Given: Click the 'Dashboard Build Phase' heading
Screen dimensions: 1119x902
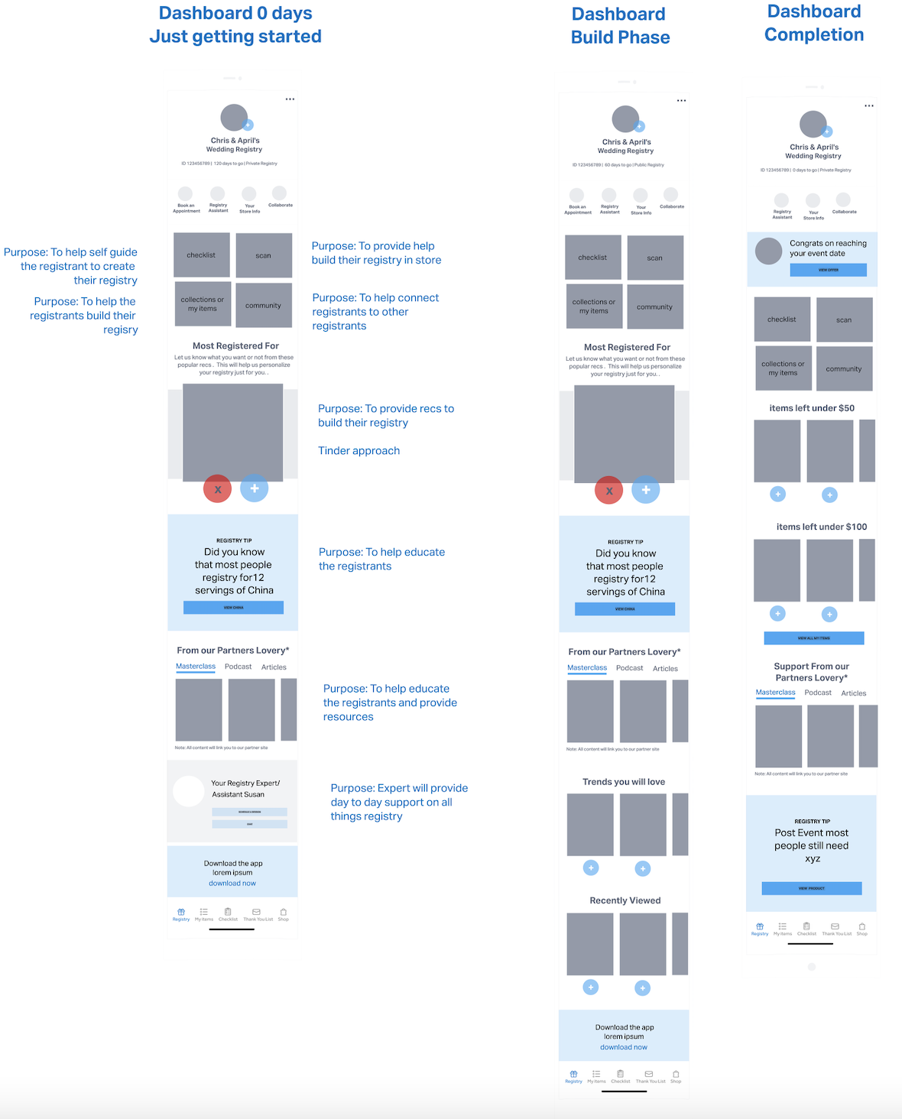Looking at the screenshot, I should tap(620, 25).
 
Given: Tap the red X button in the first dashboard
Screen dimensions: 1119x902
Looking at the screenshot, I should tap(217, 489).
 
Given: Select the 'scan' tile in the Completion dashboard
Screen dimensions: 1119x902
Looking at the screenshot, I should tap(844, 319).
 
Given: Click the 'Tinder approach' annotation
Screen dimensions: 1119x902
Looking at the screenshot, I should tap(359, 451).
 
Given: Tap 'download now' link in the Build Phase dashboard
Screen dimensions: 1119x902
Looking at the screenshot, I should tap(623, 1047).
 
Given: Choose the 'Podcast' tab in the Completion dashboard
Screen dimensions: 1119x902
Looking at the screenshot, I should tap(817, 692).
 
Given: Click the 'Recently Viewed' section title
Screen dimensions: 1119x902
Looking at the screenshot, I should tap(625, 900).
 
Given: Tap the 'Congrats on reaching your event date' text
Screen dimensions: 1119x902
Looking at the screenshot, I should tap(828, 248).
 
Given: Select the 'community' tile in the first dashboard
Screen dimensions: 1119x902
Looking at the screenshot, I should tap(263, 305).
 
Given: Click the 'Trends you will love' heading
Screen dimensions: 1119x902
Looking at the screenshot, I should tap(623, 782).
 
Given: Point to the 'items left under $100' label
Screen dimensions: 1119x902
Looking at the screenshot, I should tap(821, 527).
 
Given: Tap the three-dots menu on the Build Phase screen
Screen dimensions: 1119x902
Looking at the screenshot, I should tap(681, 100).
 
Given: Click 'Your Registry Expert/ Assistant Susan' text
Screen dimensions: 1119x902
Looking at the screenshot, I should tap(245, 789).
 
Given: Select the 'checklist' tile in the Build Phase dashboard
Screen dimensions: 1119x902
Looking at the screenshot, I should tap(592, 258).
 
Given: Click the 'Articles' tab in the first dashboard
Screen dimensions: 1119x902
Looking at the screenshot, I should tap(274, 667).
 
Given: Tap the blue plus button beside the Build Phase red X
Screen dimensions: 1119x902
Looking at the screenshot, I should tap(645, 490).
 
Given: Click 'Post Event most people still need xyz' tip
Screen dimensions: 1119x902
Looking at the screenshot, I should tap(811, 845).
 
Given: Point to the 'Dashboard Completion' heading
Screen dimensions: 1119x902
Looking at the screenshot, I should tap(814, 23).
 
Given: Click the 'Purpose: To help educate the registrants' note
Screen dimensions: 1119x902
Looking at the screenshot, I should tap(381, 559).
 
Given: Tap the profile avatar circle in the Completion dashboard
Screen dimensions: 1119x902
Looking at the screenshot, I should tap(813, 124).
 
